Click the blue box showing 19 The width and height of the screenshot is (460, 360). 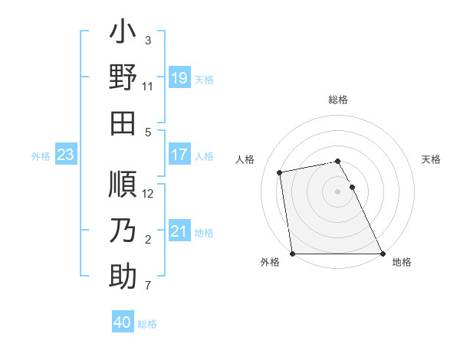click(x=179, y=78)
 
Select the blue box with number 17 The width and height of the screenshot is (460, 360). click(x=179, y=155)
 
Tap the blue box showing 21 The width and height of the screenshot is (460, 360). click(x=179, y=232)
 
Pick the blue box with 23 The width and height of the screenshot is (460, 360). click(x=66, y=155)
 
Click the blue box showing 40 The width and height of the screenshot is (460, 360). click(x=123, y=323)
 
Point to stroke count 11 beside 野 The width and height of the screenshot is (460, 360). click(x=148, y=87)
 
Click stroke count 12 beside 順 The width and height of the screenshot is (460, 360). click(x=149, y=193)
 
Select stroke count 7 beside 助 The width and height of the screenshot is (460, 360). click(x=148, y=286)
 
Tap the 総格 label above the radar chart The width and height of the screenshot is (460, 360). click(x=338, y=100)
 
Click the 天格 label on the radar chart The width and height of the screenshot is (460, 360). click(x=431, y=159)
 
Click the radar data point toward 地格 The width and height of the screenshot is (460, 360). click(x=383, y=254)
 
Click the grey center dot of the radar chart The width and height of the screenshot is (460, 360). click(x=338, y=191)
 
